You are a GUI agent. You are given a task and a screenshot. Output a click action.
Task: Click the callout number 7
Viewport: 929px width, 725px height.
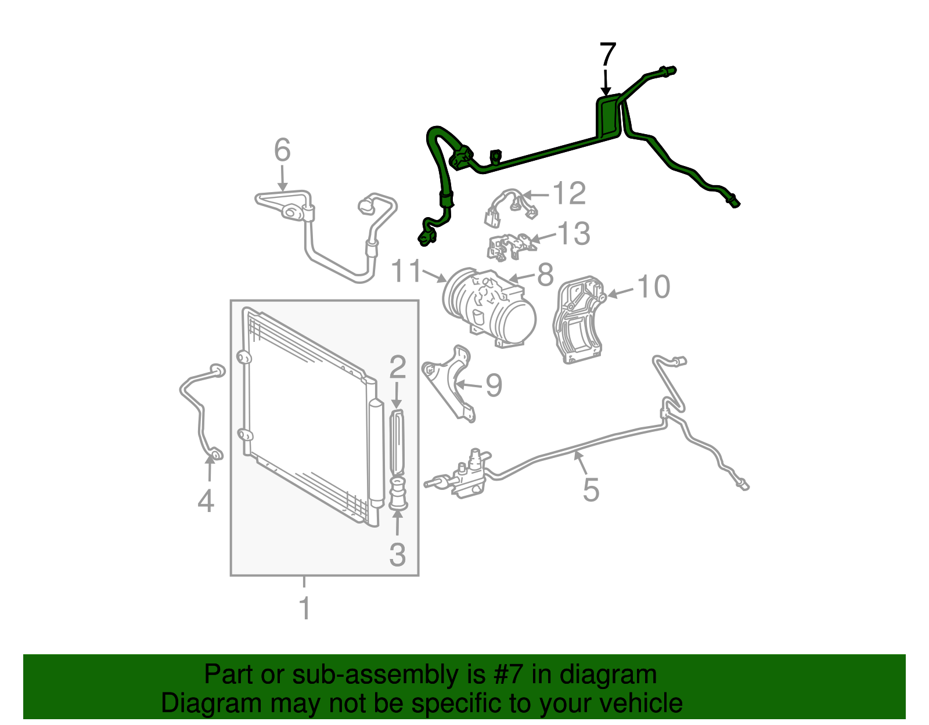coord(607,54)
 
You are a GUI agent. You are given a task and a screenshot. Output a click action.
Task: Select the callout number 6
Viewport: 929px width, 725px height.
coord(282,150)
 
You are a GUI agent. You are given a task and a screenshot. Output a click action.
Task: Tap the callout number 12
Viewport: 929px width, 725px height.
coord(569,193)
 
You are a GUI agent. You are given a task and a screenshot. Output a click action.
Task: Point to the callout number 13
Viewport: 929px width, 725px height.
coord(574,233)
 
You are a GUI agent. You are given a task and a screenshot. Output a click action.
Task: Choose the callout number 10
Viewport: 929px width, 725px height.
coord(654,286)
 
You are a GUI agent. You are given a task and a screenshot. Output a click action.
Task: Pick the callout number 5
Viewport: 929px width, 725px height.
coord(591,489)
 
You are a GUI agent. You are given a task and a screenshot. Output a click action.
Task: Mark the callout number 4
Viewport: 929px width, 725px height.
coord(206,501)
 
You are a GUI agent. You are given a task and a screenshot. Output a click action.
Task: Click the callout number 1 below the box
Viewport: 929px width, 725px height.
coord(304,608)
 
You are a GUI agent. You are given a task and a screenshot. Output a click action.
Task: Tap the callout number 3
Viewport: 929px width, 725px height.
coord(397,554)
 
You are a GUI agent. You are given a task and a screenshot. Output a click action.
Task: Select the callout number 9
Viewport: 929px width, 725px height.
coord(494,384)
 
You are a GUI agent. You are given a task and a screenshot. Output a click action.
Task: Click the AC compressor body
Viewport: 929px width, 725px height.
coord(489,306)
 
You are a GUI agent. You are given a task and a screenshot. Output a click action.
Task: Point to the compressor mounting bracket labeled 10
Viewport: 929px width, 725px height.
coord(579,320)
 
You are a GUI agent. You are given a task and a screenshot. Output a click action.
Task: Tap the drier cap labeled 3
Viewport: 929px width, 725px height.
coord(398,494)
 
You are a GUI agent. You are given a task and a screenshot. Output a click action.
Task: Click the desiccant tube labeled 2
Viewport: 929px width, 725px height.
coord(398,442)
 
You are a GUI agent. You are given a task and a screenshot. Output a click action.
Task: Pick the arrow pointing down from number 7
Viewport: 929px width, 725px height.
coord(606,81)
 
